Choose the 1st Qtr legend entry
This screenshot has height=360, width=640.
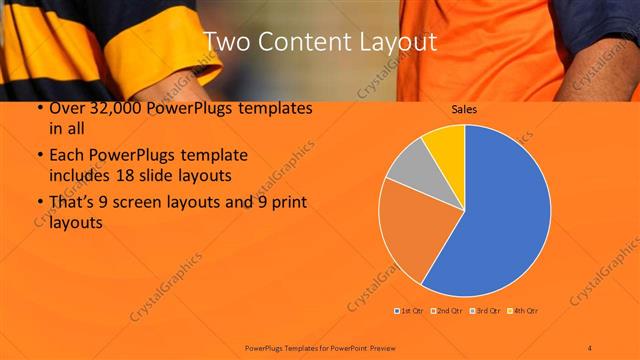(x=409, y=311)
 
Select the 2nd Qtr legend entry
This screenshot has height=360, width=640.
(x=445, y=311)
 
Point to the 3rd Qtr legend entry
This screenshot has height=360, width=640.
(x=485, y=311)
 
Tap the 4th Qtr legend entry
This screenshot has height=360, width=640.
(x=525, y=311)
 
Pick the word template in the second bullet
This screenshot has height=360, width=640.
(x=211, y=156)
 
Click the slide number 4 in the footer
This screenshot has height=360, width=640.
(x=590, y=347)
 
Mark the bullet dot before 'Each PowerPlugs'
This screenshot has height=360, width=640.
(x=39, y=156)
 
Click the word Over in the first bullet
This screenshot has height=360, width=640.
(x=66, y=108)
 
